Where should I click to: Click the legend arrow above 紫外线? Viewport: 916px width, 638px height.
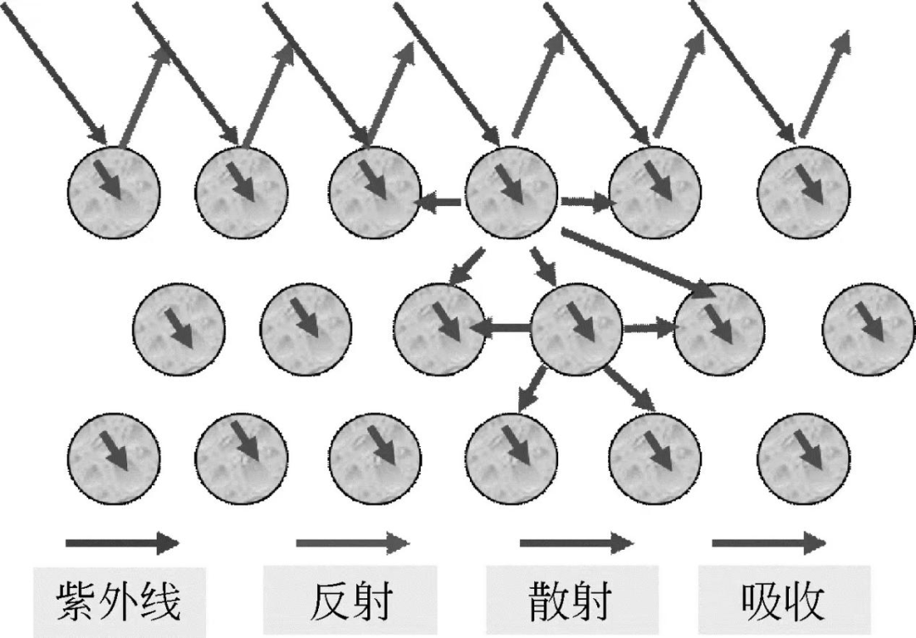[122, 542]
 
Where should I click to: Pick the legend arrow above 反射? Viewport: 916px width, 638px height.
[353, 542]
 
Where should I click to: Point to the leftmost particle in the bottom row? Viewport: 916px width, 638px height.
[114, 458]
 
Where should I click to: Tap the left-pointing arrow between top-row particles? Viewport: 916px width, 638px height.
[438, 203]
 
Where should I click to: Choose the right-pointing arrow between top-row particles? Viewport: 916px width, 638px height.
[585, 203]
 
